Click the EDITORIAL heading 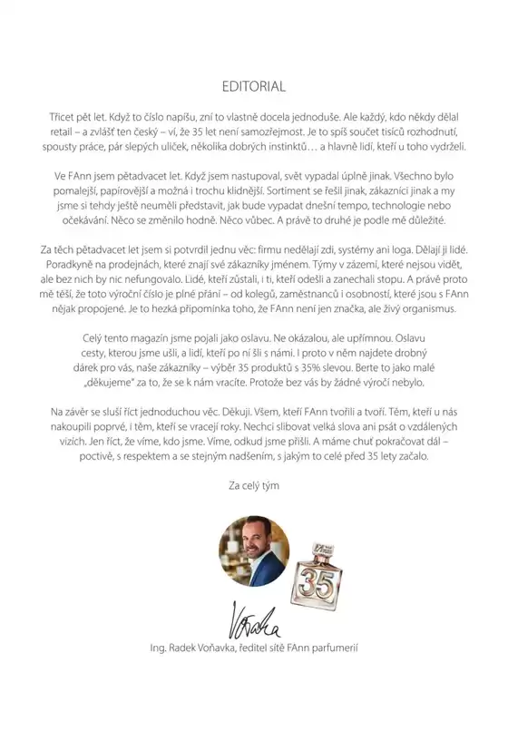pos(254,87)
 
